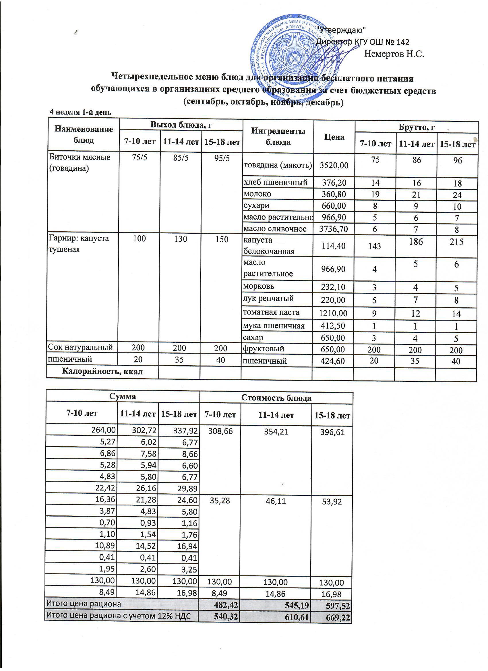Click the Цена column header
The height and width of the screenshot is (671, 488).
[x=334, y=137]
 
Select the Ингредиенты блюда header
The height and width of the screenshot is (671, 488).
[x=278, y=137]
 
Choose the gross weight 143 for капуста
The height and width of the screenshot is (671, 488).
[x=375, y=246]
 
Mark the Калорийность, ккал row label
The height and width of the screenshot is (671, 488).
[x=102, y=372]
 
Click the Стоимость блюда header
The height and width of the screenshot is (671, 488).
[x=276, y=398]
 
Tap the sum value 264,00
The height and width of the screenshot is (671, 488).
[x=105, y=430]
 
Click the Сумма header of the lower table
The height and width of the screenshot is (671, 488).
[x=123, y=396]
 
